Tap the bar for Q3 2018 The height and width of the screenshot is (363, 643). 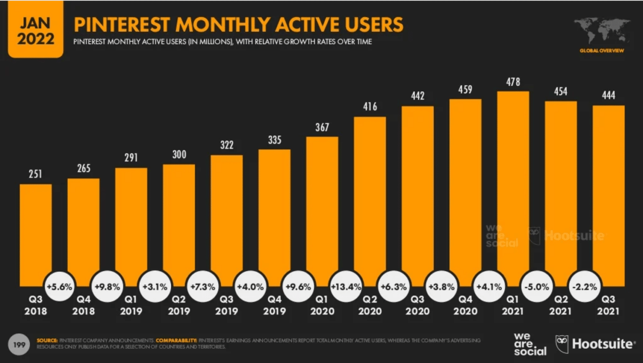36,234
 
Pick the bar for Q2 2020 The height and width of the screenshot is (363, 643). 370,201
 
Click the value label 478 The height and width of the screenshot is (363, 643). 513,82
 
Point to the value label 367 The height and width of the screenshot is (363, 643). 322,127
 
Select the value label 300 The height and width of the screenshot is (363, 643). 179,154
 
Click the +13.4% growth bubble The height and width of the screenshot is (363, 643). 346,287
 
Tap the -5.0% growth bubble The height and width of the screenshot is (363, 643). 537,287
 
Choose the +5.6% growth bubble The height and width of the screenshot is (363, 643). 59,287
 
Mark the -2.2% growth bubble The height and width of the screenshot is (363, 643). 584,287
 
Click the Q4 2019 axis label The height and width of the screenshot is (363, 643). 274,305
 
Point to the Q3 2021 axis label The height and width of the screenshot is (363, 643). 608,305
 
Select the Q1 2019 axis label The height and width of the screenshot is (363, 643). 131,305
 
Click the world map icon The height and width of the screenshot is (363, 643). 602,31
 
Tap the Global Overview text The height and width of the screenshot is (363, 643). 602,51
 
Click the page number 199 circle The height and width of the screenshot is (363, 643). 19,345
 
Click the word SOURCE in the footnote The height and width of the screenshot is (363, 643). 47,340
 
